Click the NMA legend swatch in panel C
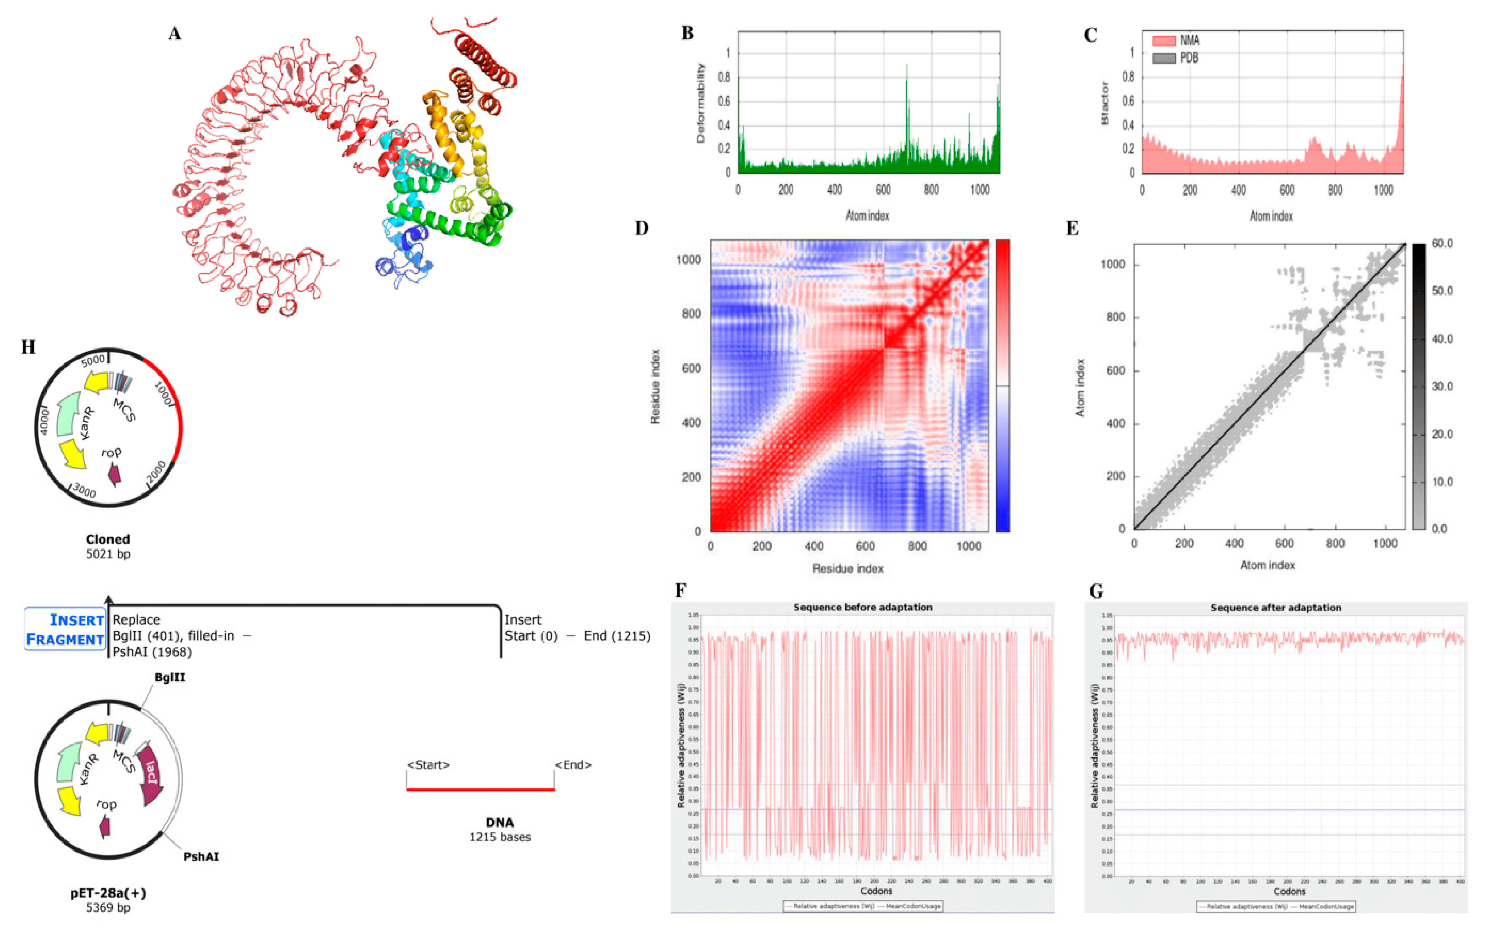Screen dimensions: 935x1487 click(x=1163, y=41)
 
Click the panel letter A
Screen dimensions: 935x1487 click(x=175, y=33)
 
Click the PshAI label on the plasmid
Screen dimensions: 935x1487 click(x=201, y=856)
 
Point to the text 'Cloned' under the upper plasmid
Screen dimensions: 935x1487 click(x=108, y=539)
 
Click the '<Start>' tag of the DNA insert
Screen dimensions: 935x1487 click(x=428, y=765)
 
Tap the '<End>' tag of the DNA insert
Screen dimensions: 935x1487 click(x=573, y=765)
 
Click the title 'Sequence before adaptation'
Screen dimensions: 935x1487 click(x=863, y=607)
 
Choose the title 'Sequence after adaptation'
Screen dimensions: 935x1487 click(x=1276, y=608)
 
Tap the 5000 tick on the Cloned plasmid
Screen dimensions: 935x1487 click(x=93, y=360)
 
